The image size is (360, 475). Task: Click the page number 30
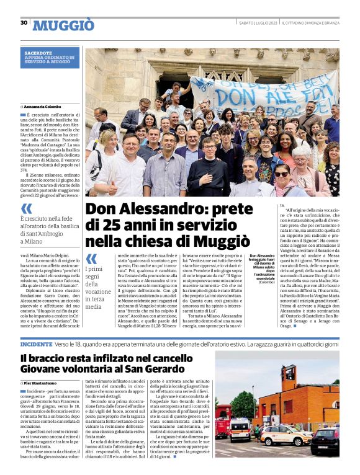point(24,23)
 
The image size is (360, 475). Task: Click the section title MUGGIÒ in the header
point(63,25)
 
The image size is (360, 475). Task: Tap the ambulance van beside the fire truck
point(241,428)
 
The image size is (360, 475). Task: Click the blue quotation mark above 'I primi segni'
point(91,259)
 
